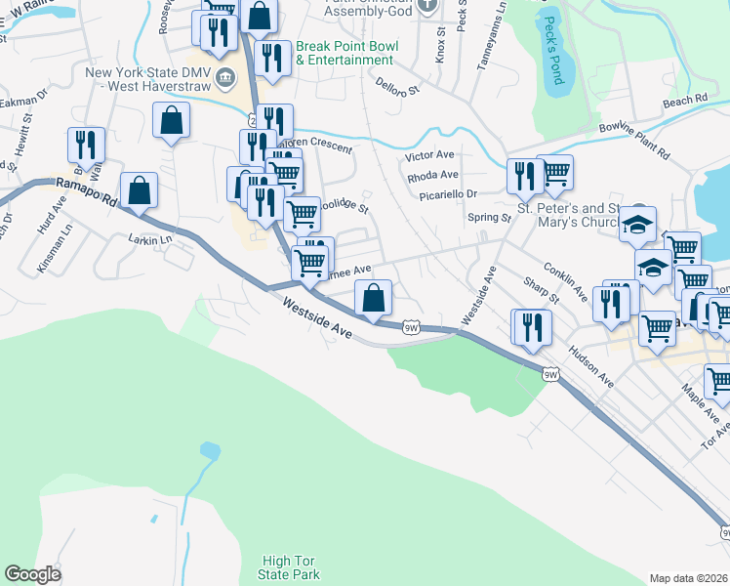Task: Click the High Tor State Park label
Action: (291, 567)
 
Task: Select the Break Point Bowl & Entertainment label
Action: (345, 53)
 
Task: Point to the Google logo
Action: (32, 574)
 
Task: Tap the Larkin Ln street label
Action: (149, 238)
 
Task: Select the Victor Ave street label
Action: (430, 155)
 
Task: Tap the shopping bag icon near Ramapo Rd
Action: (139, 190)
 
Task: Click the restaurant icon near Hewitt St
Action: (86, 146)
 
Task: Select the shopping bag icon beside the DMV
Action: (171, 120)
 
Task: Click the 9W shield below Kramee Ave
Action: (412, 328)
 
